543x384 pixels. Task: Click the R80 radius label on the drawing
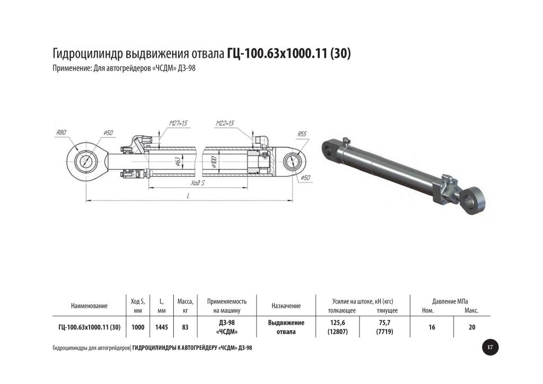[62, 132]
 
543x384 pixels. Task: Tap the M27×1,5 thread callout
[178, 123]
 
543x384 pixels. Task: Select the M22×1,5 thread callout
[225, 123]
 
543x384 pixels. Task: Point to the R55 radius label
[302, 134]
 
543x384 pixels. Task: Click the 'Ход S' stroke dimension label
[198, 182]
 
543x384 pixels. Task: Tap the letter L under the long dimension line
[188, 196]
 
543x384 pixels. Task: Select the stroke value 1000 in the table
[138, 327]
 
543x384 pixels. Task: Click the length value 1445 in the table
[161, 327]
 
